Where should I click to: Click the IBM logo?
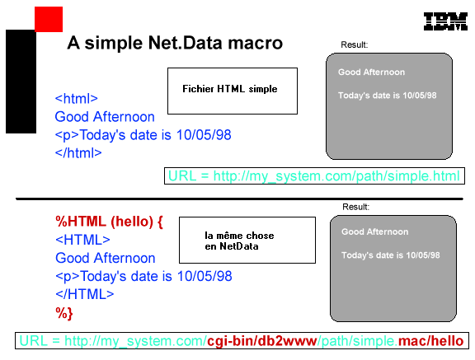[x=445, y=21]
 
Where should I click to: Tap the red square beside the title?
[x=49, y=19]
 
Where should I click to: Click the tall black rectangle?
[x=21, y=82]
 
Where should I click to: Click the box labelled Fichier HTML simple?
[x=233, y=91]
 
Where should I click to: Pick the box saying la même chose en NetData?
[x=247, y=240]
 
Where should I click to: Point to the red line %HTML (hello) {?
[x=109, y=222]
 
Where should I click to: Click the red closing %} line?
[x=64, y=313]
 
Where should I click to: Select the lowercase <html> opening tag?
[x=77, y=99]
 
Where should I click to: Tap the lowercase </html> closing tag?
[x=78, y=152]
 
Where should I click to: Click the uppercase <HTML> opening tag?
[x=82, y=240]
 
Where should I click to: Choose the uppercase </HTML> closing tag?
[x=85, y=294]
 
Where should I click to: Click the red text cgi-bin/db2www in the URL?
[x=261, y=341]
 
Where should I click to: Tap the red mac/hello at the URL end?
[x=430, y=341]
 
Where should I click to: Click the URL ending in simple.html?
[x=314, y=175]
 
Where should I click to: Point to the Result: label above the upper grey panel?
[x=354, y=44]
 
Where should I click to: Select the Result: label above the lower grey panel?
[x=355, y=207]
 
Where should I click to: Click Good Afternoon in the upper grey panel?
[x=371, y=72]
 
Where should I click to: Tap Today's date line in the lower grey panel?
[x=391, y=255]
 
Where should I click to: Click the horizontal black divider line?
[x=239, y=199]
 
